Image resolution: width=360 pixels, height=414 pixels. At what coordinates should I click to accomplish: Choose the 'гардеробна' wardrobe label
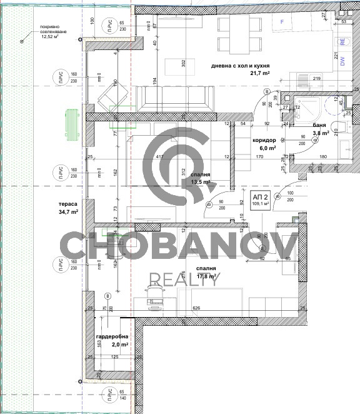pos(112,336)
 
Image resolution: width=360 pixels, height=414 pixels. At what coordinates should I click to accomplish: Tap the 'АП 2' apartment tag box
pos(261,198)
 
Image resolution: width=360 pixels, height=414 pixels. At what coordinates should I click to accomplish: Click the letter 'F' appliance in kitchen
pos(282,22)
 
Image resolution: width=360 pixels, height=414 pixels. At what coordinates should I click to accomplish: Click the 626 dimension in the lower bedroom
pos(196,308)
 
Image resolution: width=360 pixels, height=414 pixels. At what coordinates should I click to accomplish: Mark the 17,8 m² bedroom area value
pos(206,276)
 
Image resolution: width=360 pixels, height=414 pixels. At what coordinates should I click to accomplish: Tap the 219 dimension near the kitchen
pos(317,78)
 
